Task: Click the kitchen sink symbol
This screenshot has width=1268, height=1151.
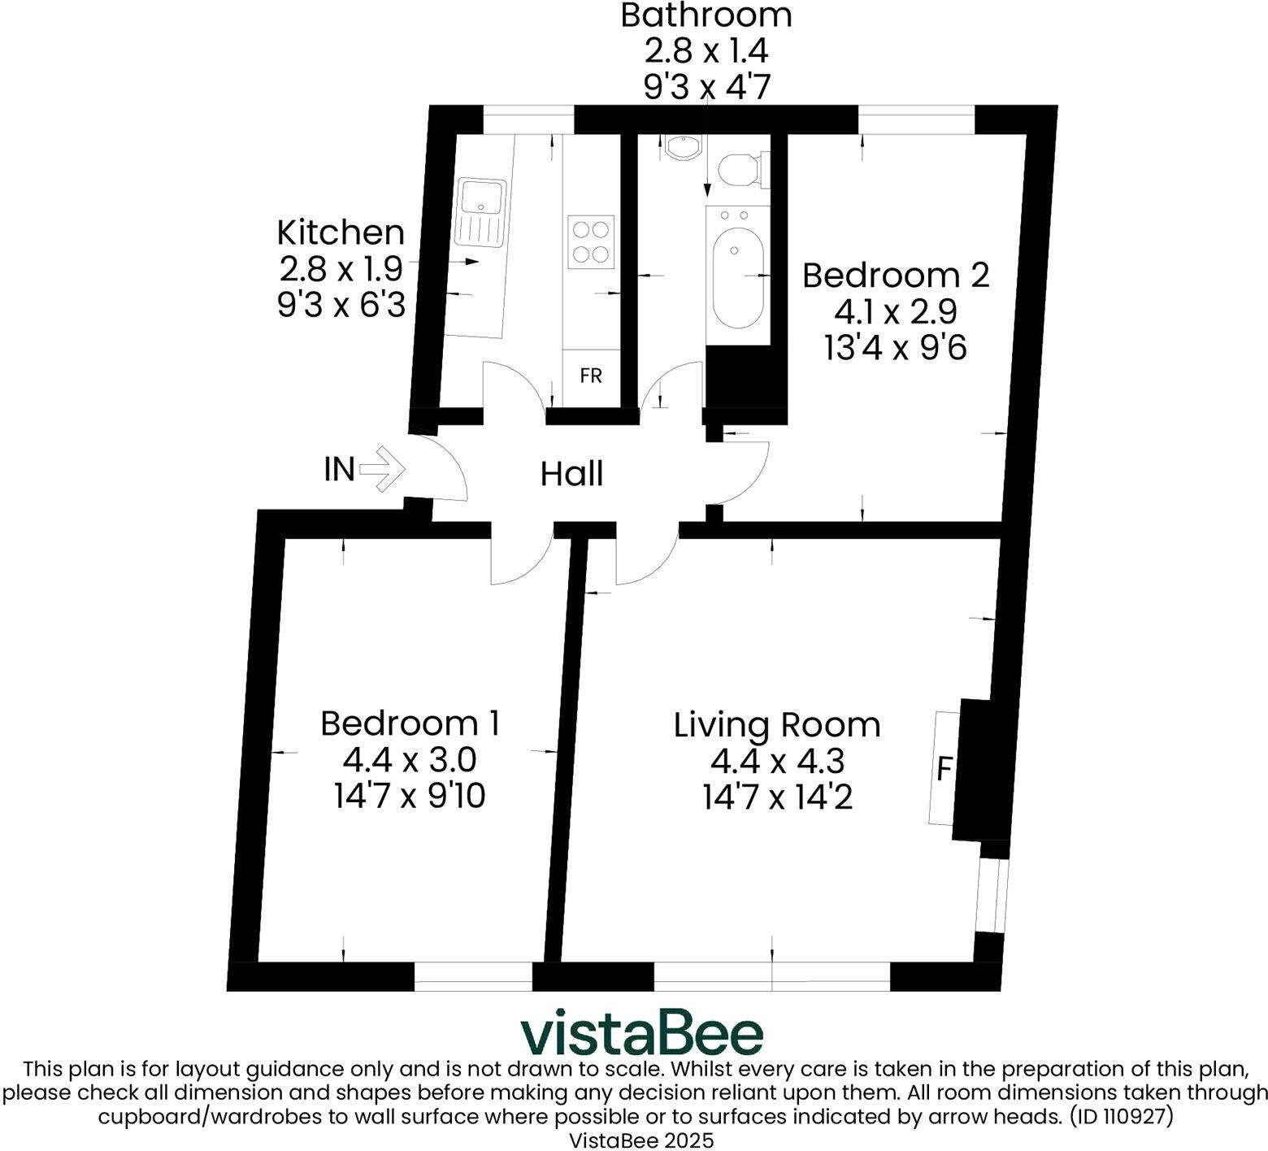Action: coord(480,212)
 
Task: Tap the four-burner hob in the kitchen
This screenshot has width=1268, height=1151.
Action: coord(591,242)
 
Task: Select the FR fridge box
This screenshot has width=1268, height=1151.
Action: coord(591,376)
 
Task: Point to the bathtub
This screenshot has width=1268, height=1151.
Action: coord(737,276)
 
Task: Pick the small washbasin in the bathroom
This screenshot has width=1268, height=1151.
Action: coord(680,147)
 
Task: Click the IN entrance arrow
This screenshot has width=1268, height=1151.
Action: coord(381,469)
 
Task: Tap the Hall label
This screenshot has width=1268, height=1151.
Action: coord(571,474)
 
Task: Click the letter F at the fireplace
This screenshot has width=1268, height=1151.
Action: coord(944,768)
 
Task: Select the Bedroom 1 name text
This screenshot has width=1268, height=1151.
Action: coord(410,723)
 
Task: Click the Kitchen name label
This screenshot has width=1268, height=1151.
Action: coord(341,232)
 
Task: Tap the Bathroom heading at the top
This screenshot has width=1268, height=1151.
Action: coord(706,15)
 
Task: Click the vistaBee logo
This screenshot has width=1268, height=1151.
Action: coord(641,1034)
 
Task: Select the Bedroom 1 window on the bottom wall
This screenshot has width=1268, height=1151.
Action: coord(473,976)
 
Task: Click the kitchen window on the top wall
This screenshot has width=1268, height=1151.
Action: coord(528,119)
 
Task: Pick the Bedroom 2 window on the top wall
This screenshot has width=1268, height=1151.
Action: coord(916,119)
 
